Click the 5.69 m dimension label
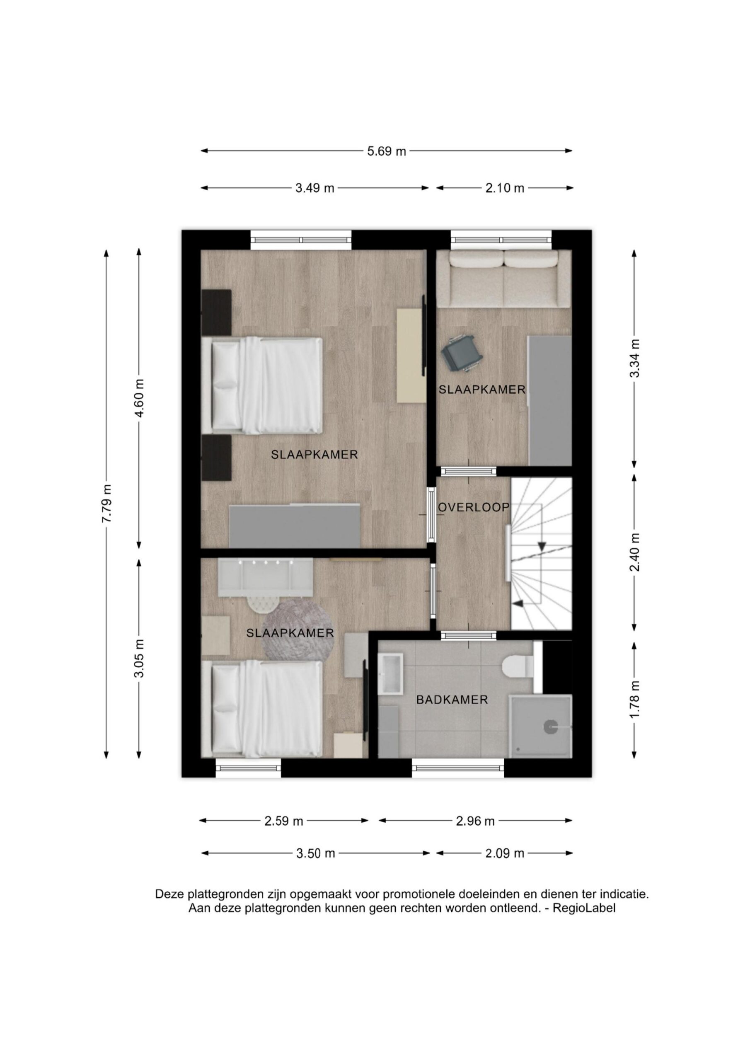[x=386, y=151]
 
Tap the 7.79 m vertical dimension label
[x=107, y=504]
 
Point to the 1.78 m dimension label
[x=635, y=700]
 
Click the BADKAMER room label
[x=452, y=700]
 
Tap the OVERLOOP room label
[x=474, y=507]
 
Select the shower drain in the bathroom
[x=550, y=727]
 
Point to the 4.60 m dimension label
[x=139, y=398]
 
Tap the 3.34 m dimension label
[x=635, y=358]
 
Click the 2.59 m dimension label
[x=284, y=821]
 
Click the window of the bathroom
[x=458, y=768]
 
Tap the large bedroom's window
[x=301, y=240]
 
